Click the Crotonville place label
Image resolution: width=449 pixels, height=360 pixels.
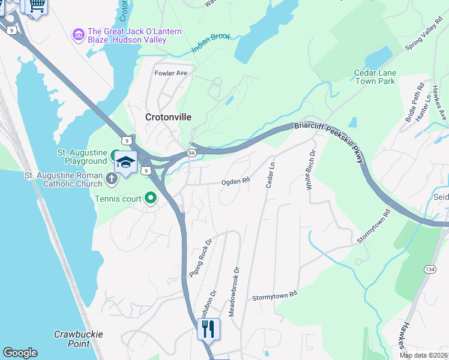click(x=169, y=118)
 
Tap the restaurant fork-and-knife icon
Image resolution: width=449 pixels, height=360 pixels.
click(x=208, y=328)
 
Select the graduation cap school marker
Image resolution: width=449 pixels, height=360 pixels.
click(x=126, y=163)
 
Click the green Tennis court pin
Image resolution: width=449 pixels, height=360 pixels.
click(x=150, y=197)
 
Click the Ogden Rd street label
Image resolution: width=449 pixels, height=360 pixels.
click(x=235, y=181)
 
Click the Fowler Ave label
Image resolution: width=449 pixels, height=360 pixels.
click(x=171, y=73)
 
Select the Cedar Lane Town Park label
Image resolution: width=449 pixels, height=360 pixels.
click(x=375, y=77)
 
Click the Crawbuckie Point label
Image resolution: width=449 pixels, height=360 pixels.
click(x=79, y=339)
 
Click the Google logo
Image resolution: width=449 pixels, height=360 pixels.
click(x=20, y=353)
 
